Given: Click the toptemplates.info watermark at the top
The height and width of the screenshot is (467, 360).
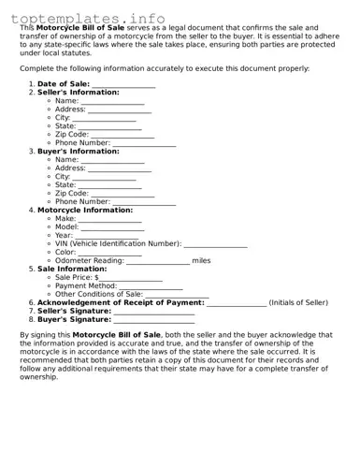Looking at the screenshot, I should coord(88,18).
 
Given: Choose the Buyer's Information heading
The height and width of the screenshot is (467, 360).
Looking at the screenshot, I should coord(78,152).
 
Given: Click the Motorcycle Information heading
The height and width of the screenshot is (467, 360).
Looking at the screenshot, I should coord(85,211).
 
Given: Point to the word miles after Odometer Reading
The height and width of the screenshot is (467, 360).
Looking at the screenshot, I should coord(201,261).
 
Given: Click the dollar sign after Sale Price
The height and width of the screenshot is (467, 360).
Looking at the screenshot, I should coord(96,278).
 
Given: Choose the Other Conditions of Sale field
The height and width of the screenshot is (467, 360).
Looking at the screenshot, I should coord(177,295).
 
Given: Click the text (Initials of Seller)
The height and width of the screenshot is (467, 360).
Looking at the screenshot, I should coord(298,303).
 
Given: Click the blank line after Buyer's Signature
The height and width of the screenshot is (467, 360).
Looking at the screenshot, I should coord(153,320).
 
